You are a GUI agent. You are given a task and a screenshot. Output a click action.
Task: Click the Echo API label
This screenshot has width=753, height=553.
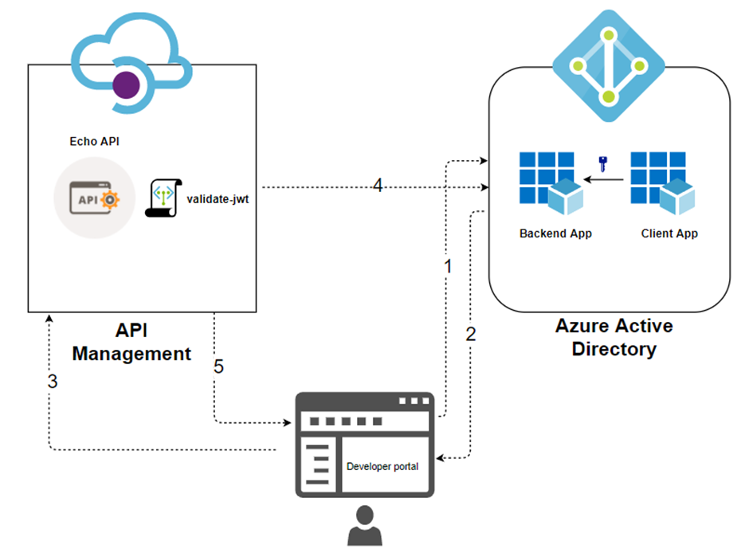pyautogui.click(x=95, y=141)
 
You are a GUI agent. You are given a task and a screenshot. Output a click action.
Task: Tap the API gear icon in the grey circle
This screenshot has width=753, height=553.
pyautogui.click(x=94, y=199)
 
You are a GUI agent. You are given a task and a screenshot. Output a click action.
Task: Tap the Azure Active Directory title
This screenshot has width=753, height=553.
pyautogui.click(x=614, y=337)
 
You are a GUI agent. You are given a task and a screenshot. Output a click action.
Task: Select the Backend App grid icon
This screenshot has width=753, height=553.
pyautogui.click(x=551, y=182)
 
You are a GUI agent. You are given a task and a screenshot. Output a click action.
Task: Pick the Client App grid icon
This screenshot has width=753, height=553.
pyautogui.click(x=662, y=182)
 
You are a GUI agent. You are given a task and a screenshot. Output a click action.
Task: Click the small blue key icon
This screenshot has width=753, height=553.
pyautogui.click(x=602, y=165)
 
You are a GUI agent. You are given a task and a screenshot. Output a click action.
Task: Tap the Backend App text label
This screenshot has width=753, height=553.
pyautogui.click(x=555, y=233)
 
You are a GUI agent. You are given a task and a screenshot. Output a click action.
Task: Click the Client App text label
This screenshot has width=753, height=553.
pyautogui.click(x=669, y=233)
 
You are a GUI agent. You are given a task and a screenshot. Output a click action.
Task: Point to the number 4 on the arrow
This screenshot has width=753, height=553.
pyautogui.click(x=378, y=186)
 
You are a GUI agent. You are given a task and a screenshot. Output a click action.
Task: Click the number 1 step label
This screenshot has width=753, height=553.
pyautogui.click(x=448, y=266)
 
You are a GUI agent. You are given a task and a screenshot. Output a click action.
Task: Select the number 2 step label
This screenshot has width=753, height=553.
pyautogui.click(x=470, y=333)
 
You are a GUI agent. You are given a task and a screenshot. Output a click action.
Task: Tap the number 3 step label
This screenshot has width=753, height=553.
pyautogui.click(x=53, y=381)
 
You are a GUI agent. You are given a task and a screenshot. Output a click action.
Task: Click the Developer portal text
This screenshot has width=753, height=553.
pyautogui.click(x=382, y=466)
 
